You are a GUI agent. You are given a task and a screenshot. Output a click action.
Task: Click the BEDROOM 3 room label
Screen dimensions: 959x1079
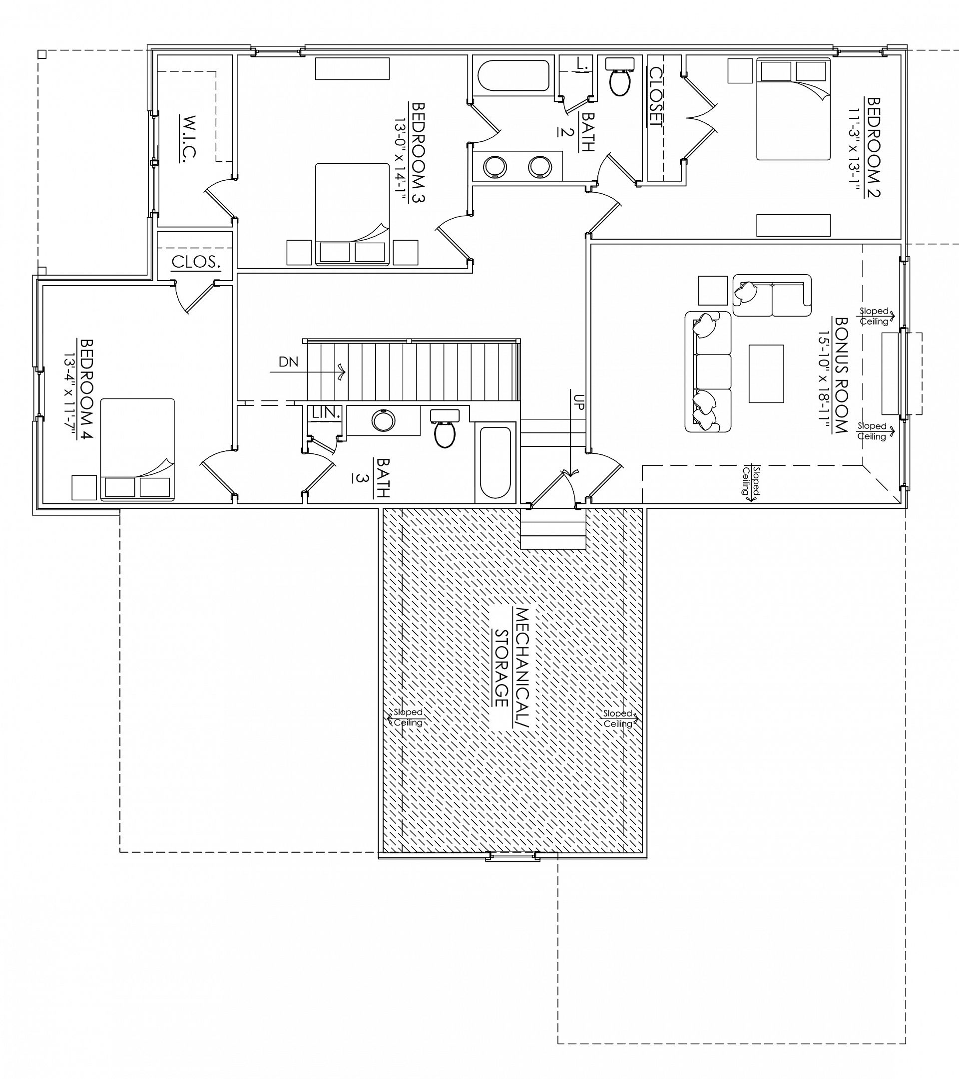tap(418, 152)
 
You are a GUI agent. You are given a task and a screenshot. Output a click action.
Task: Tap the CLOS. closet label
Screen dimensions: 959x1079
tap(195, 262)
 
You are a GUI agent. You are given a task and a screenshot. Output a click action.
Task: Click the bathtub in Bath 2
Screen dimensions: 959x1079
tap(513, 76)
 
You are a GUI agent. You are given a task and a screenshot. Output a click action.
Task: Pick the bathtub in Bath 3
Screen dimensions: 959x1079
tap(495, 462)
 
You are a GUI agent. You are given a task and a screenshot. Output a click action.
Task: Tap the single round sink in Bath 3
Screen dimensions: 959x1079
tap(384, 421)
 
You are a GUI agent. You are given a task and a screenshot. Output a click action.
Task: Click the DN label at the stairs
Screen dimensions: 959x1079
tap(288, 361)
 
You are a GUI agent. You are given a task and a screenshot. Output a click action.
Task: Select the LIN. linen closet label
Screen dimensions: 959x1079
tap(326, 413)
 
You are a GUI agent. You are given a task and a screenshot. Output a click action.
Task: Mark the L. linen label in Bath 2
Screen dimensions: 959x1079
tap(582, 64)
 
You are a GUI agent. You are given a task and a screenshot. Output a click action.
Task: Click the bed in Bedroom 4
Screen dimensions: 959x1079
tap(137, 449)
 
